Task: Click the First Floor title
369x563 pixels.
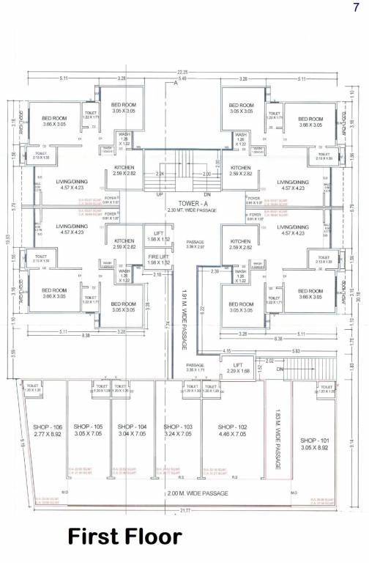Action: click(125, 537)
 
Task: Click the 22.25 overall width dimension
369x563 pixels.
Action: click(182, 72)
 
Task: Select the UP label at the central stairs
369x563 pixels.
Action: click(159, 195)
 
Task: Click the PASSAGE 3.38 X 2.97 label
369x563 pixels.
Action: click(195, 244)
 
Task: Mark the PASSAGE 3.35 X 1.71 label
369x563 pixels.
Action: click(195, 368)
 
